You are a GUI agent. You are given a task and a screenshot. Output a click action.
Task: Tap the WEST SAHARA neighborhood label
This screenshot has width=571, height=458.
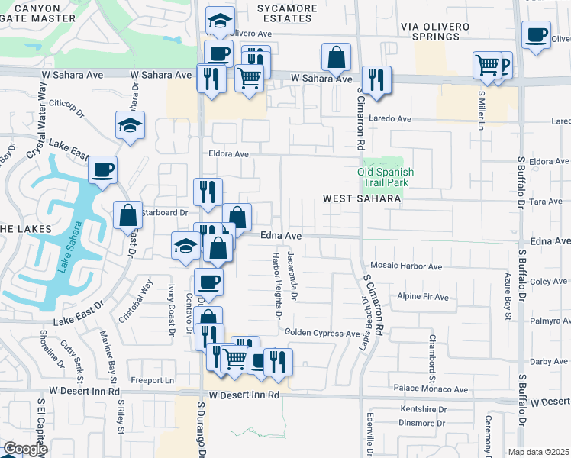pos(362,198)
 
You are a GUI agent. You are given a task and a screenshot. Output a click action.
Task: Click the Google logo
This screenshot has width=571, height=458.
pos(24,449)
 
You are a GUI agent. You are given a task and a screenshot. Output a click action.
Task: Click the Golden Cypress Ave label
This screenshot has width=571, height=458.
pos(321,334)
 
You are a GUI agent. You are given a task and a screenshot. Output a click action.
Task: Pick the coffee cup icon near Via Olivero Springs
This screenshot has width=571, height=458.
pos(536,34)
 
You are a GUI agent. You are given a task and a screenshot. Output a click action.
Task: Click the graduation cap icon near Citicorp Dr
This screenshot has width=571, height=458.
pos(131,124)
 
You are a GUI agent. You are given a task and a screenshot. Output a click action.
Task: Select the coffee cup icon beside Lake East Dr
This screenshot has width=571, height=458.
pos(102,170)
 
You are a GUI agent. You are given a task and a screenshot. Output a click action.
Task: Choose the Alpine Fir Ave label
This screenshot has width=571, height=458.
pos(423,296)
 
